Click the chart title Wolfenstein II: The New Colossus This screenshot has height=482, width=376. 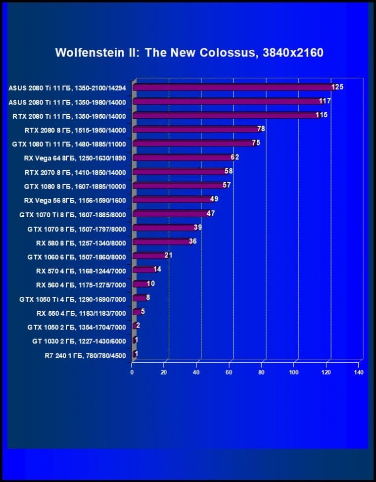(x=189, y=52)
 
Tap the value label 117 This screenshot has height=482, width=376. (x=325, y=101)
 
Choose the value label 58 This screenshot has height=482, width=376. (x=228, y=171)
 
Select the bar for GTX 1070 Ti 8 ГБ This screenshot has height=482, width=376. (x=171, y=214)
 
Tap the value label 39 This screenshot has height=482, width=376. (x=197, y=227)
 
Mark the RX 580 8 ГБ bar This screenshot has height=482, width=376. (x=162, y=242)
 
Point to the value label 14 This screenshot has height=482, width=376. (x=157, y=270)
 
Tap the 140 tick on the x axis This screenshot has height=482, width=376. (x=359, y=372)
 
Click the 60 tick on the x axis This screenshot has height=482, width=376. (x=229, y=372)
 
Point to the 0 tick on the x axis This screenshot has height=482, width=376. (x=132, y=372)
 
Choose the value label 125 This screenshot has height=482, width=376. (x=337, y=87)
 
